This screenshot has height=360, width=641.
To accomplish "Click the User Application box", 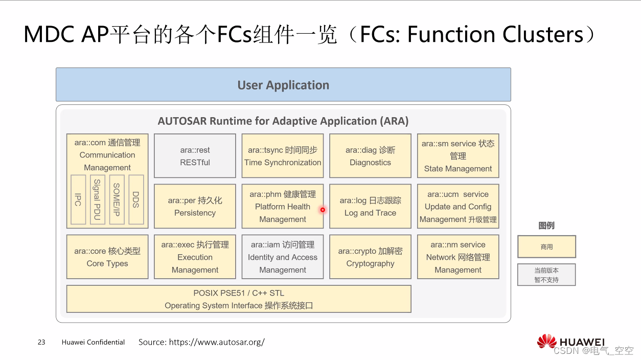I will click(283, 85).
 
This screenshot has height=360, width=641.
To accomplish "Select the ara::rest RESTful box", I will click(195, 156).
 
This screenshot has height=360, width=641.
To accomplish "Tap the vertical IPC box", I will click(78, 199).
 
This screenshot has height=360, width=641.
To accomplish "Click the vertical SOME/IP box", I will click(117, 199).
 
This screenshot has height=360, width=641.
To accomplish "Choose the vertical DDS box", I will click(136, 199).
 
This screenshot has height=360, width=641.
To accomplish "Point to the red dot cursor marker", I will click(323, 210).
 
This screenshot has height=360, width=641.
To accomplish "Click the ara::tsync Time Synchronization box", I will click(283, 156).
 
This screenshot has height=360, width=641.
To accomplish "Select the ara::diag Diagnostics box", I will click(370, 156).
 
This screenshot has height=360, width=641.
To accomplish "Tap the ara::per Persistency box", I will click(195, 206).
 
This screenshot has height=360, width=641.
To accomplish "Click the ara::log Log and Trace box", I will click(370, 206).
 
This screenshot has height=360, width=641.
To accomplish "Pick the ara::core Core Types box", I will click(107, 257).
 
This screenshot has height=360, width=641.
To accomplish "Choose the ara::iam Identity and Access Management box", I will click(283, 257).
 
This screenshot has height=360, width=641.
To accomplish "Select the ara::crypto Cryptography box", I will click(370, 257).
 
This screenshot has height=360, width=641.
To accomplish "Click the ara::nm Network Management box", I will click(458, 257).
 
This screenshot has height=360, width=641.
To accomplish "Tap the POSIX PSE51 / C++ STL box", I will click(239, 299).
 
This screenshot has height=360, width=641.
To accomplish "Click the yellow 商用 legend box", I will click(546, 246).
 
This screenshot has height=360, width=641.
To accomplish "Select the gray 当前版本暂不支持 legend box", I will click(546, 275).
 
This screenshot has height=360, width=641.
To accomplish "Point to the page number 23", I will click(41, 342).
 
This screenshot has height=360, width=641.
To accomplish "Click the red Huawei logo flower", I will click(546, 342).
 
